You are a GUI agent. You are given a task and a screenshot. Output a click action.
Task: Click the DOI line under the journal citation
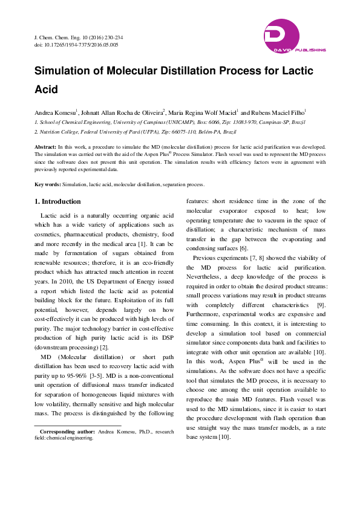tap(76, 45)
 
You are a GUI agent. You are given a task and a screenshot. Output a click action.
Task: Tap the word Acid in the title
tap(46, 89)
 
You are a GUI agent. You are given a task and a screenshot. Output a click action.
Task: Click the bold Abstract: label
tap(45, 147)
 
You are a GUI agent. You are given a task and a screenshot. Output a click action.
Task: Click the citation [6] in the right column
tap(226, 248)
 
